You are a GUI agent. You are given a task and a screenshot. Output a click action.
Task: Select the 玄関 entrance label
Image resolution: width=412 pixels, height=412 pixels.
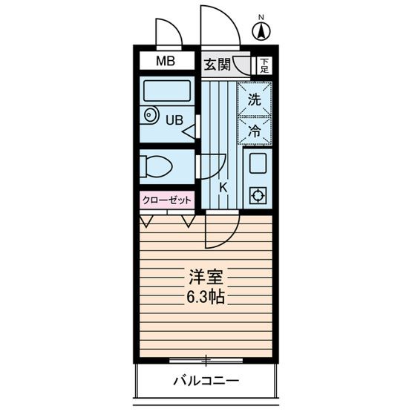coord(217,63)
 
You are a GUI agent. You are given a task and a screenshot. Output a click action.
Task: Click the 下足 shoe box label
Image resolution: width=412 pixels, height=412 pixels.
coord(263,65)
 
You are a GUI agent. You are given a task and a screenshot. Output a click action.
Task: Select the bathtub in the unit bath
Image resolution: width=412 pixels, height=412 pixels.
coord(166,93)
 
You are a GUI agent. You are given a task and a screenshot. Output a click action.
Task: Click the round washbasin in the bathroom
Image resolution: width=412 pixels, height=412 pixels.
coord(151,116)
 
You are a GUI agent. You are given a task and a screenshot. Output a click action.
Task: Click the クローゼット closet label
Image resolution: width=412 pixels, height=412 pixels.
coord(166,200)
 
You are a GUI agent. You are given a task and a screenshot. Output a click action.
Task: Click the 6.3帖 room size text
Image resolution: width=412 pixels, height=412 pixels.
coord(206,298)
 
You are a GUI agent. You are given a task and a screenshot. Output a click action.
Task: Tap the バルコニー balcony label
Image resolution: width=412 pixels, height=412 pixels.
coord(206,382)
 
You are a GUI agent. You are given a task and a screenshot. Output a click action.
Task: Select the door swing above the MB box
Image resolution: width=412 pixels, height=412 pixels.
coord(167,33)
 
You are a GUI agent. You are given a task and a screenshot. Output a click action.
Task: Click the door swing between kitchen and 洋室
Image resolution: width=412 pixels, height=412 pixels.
coord(221,230)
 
